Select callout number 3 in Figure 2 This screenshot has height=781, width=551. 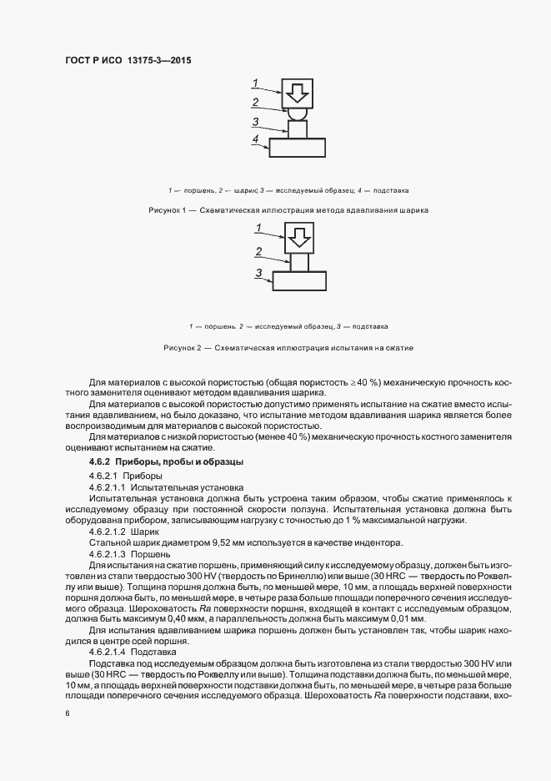pyautogui.click(x=259, y=273)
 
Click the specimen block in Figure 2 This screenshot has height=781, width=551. pyautogui.click(x=298, y=263)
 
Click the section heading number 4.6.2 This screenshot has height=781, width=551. pyautogui.click(x=100, y=461)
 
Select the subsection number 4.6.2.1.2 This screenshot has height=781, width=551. pyautogui.click(x=107, y=531)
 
